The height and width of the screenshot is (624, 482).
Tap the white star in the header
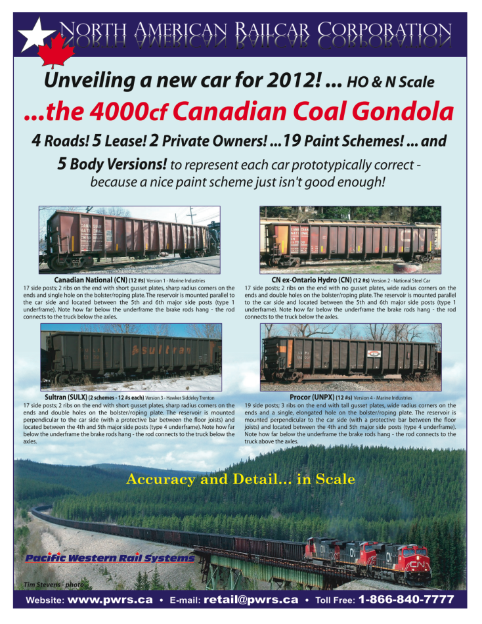[32, 36]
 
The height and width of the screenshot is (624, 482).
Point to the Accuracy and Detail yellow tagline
[240, 479]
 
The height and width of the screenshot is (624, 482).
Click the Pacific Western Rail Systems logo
[109, 558]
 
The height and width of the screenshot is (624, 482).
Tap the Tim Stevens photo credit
[49, 583]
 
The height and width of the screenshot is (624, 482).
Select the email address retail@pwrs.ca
[251, 600]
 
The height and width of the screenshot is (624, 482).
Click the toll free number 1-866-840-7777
[406, 600]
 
